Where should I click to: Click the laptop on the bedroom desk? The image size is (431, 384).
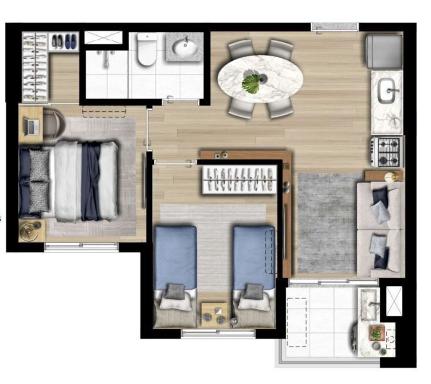click(x=31, y=126)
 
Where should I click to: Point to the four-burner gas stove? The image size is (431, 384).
click(x=388, y=152)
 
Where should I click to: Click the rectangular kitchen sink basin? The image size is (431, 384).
click(x=386, y=91)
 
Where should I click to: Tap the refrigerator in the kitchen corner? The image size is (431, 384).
click(x=384, y=51)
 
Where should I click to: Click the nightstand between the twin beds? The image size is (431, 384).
click(x=214, y=314)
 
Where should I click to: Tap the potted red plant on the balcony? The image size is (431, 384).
click(x=376, y=332)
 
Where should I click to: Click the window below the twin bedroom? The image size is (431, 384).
click(x=218, y=333)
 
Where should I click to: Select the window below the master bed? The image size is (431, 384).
click(x=81, y=247)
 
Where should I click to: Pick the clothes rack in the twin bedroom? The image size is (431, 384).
click(x=240, y=179)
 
